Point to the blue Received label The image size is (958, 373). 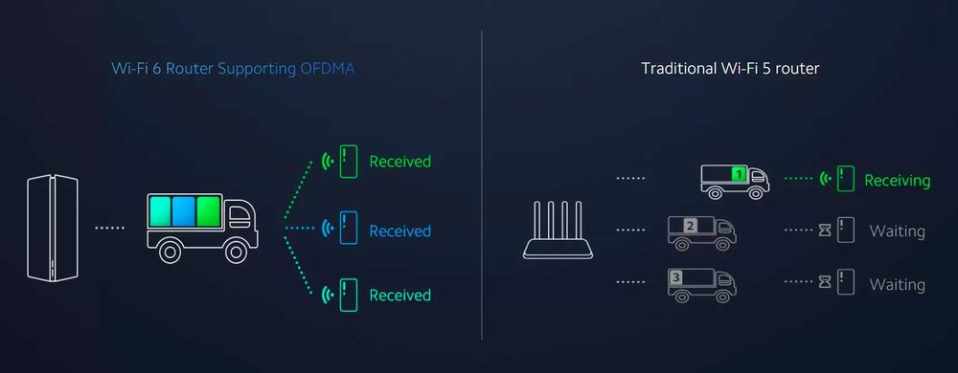click(x=399, y=230)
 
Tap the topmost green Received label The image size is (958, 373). click(x=399, y=162)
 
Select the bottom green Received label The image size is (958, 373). click(x=399, y=295)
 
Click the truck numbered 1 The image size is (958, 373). click(x=734, y=180)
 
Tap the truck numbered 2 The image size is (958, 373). click(x=700, y=232)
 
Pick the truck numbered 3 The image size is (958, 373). click(x=700, y=284)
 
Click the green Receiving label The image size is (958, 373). click(x=897, y=180)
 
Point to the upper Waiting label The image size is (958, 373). click(x=897, y=231)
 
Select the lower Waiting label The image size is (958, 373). click(x=897, y=284)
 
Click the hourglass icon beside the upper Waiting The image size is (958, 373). click(x=823, y=231)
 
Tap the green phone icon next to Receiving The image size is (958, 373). click(x=845, y=179)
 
